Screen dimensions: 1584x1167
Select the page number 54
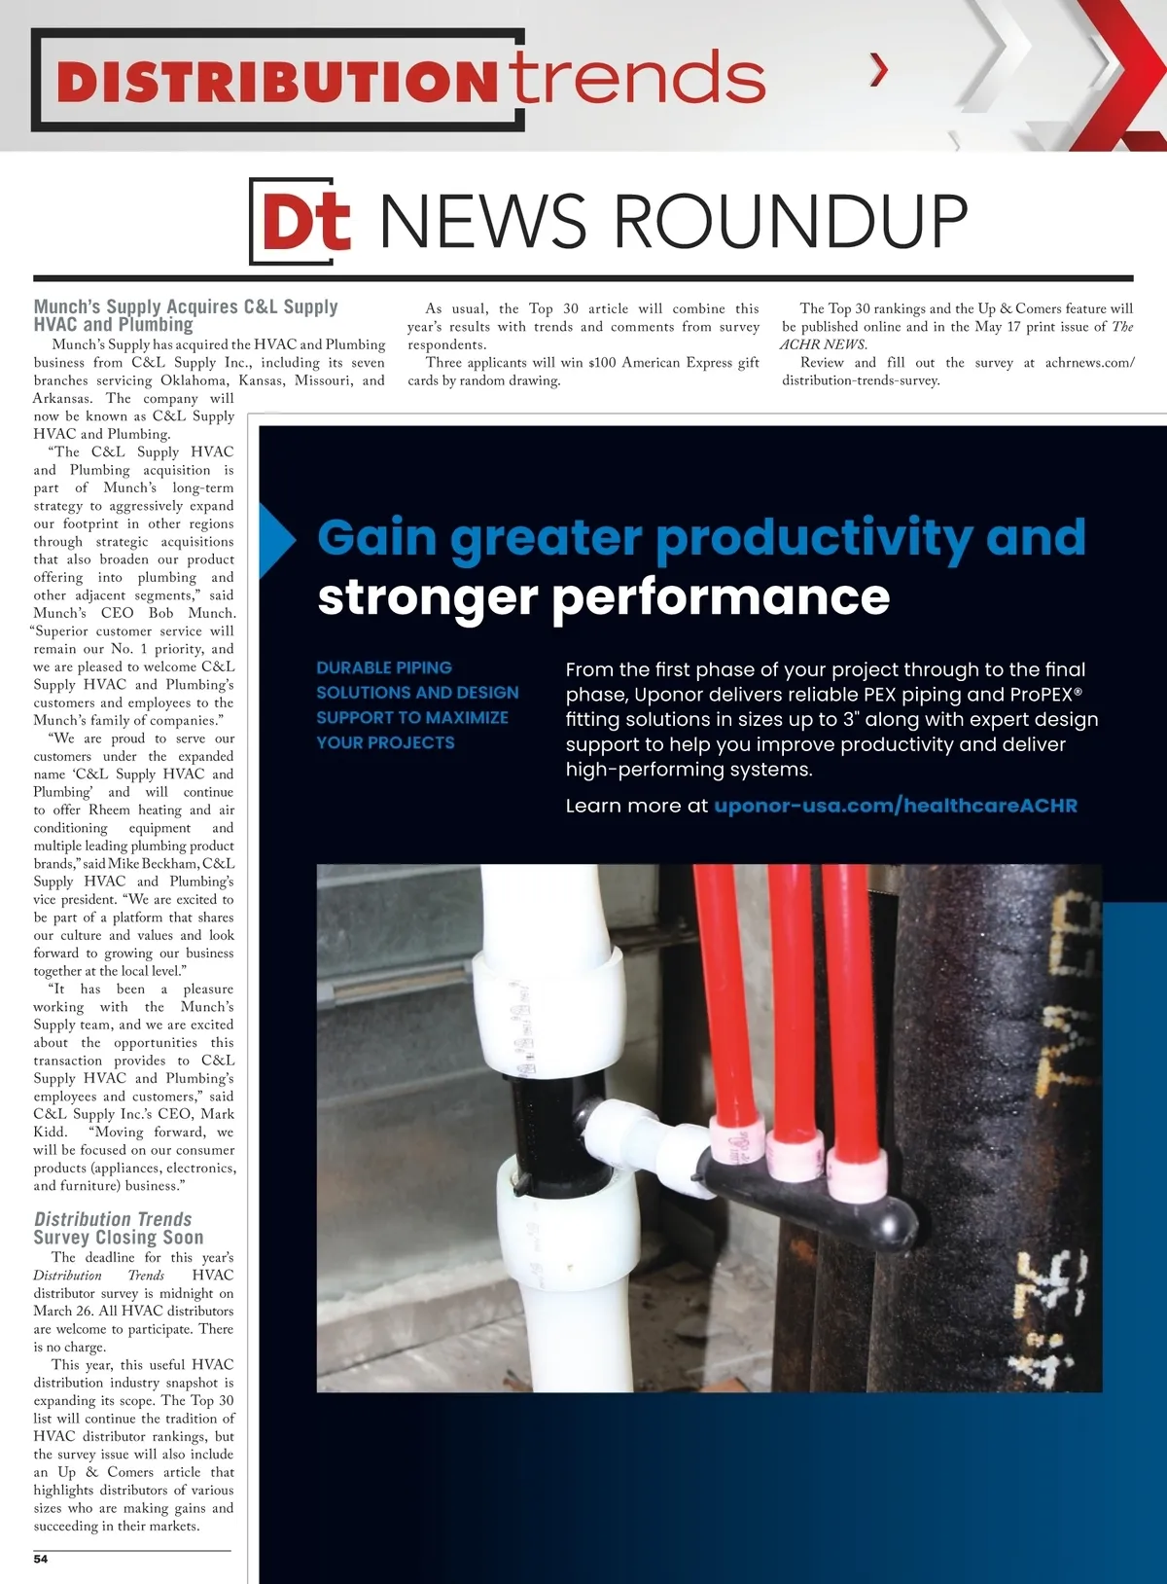41,1559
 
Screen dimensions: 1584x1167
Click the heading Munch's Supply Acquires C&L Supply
186,307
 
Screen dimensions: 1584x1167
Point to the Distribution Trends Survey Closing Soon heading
117,1228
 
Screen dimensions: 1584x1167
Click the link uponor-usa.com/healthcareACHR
895,806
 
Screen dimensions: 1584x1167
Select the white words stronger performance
603,596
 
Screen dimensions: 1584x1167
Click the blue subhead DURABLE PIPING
384,667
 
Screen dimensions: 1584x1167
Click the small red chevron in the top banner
879,69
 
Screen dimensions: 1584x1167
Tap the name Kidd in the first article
50,1132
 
